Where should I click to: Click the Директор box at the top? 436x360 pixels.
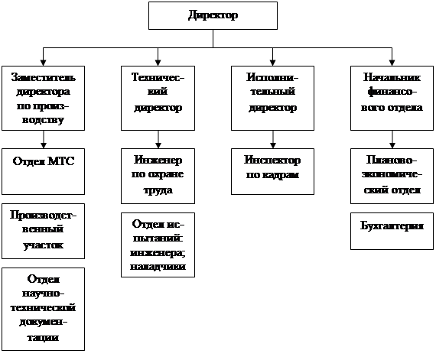coord(213,15)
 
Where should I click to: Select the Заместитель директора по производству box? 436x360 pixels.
coord(43,98)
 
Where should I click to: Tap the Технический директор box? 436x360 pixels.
coord(158,98)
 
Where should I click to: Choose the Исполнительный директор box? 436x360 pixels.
coord(272,98)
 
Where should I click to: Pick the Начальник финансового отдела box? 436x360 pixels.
coord(392,98)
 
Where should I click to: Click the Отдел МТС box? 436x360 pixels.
coord(43,171)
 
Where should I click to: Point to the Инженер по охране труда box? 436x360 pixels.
coord(158,176)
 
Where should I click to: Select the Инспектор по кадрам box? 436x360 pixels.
coord(272,171)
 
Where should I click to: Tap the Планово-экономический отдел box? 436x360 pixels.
coord(392,176)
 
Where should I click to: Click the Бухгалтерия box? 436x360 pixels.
coord(392,231)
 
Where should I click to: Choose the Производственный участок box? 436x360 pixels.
coord(43,231)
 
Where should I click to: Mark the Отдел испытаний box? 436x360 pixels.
coord(158,245)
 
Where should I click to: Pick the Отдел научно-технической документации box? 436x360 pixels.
coord(43,309)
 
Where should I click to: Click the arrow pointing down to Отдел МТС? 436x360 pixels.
coord(44,139)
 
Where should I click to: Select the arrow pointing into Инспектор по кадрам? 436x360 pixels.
coord(273,139)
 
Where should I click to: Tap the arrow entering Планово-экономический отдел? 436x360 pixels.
coord(392,139)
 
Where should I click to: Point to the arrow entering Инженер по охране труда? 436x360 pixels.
coord(158,139)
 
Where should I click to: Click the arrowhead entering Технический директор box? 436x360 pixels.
coord(158,63)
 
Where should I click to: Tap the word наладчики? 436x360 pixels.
coord(158,267)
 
